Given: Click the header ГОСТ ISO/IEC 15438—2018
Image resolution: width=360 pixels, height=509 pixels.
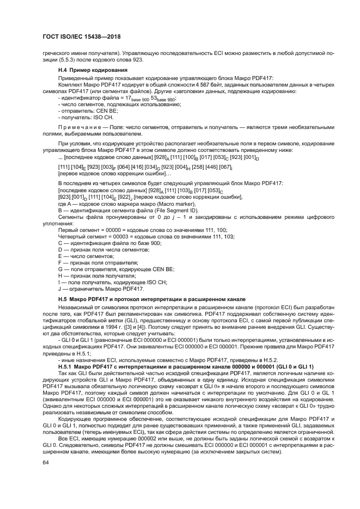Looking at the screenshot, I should tap(81, 37).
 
